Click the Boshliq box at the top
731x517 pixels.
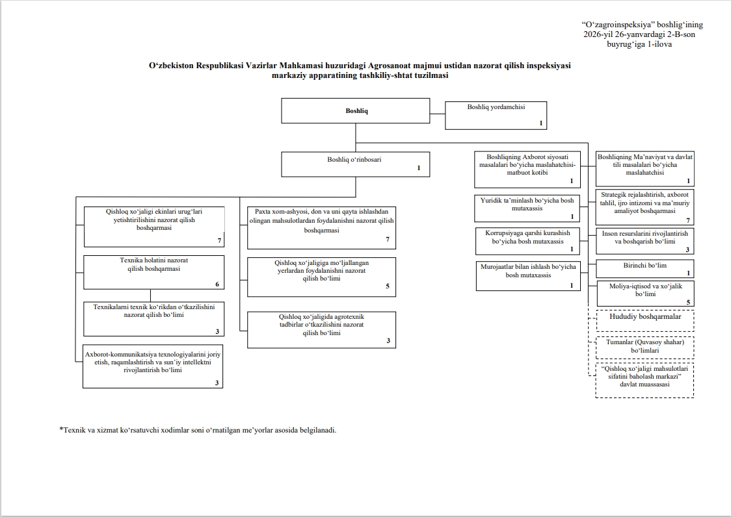[355, 110]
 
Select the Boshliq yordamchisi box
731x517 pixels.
[496, 115]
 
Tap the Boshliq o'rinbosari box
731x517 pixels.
[355, 164]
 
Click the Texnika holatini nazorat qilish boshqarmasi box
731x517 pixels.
[154, 271]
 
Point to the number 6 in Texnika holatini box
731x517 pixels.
[217, 284]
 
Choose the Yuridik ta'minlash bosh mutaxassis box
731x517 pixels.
[527, 208]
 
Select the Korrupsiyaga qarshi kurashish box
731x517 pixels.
[527, 240]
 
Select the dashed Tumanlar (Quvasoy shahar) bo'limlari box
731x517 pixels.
[645, 347]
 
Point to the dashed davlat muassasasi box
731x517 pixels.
[645, 380]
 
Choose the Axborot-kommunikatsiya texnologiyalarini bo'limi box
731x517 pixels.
[153, 366]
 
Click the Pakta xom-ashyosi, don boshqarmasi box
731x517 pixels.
[321, 227]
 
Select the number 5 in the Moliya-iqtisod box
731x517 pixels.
[688, 302]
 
